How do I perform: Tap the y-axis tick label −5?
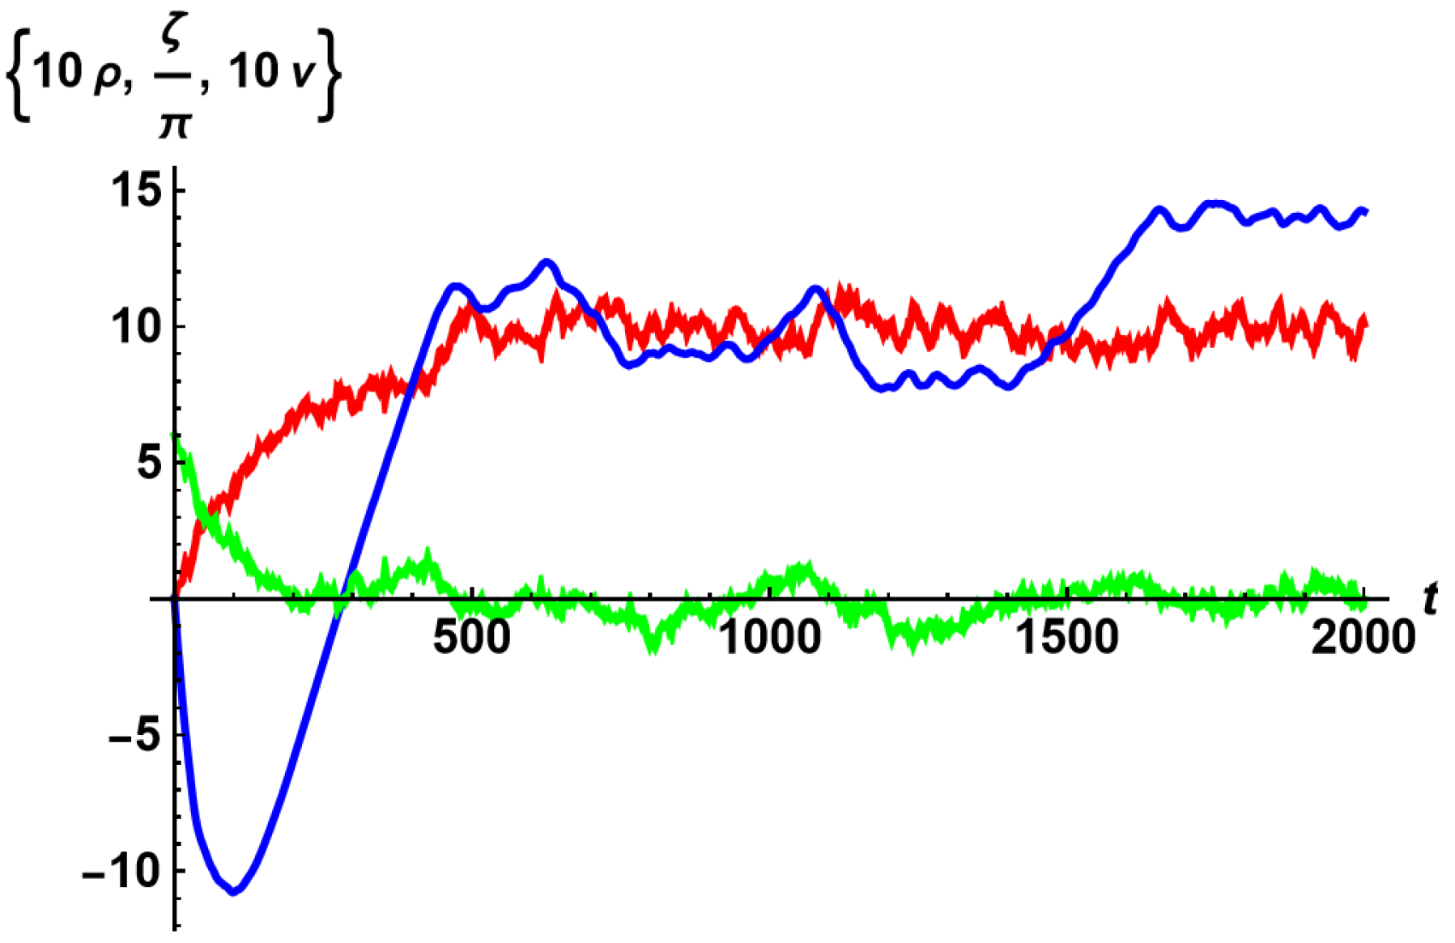[x=135, y=735]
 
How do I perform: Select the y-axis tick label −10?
[x=121, y=871]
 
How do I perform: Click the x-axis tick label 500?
[x=472, y=637]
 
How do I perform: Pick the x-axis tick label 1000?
[x=770, y=637]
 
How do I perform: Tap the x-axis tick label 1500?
[x=1068, y=637]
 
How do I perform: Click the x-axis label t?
[x=1431, y=600]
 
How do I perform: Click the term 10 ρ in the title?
[x=80, y=73]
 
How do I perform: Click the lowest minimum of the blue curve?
[x=234, y=891]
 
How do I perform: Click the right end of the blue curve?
[x=1365, y=212]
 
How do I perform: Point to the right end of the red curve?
[x=1365, y=324]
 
